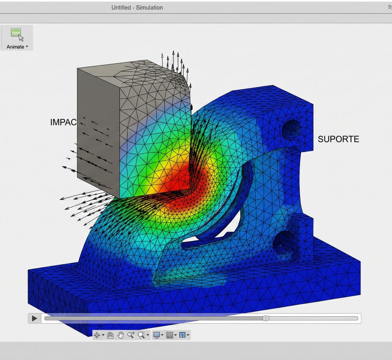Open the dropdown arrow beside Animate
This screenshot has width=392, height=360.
(x=27, y=47)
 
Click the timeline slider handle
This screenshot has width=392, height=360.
(x=266, y=318)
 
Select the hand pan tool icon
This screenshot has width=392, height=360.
(x=120, y=335)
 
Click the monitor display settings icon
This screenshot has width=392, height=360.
(x=157, y=335)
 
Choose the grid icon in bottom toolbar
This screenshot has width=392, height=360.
(x=169, y=335)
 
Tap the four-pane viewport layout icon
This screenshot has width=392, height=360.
(x=182, y=335)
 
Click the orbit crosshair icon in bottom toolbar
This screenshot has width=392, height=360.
(x=97, y=335)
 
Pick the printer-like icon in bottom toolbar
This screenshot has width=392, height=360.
(x=110, y=335)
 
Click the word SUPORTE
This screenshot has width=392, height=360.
(x=339, y=139)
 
